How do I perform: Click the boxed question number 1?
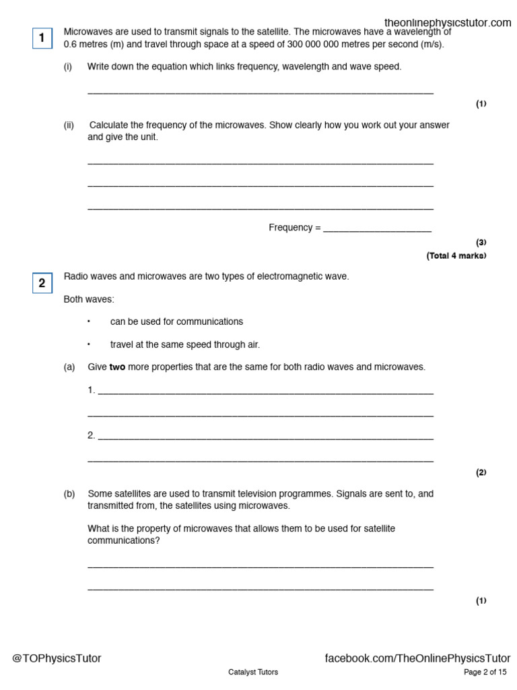[42, 38]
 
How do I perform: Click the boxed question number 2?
[42, 283]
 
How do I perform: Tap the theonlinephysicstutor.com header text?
[448, 23]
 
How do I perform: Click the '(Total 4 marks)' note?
[456, 256]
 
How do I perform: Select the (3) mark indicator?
[481, 243]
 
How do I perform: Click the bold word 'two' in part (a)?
[117, 367]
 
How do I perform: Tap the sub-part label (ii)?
[69, 125]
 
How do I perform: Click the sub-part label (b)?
[69, 494]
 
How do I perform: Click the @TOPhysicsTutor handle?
[57, 658]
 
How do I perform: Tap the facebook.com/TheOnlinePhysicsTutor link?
[417, 658]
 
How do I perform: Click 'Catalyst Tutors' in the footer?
[253, 672]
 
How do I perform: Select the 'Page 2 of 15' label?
[485, 672]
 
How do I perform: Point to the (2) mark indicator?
[481, 473]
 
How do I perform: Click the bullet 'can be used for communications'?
[176, 322]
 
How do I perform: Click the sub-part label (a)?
[69, 367]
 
